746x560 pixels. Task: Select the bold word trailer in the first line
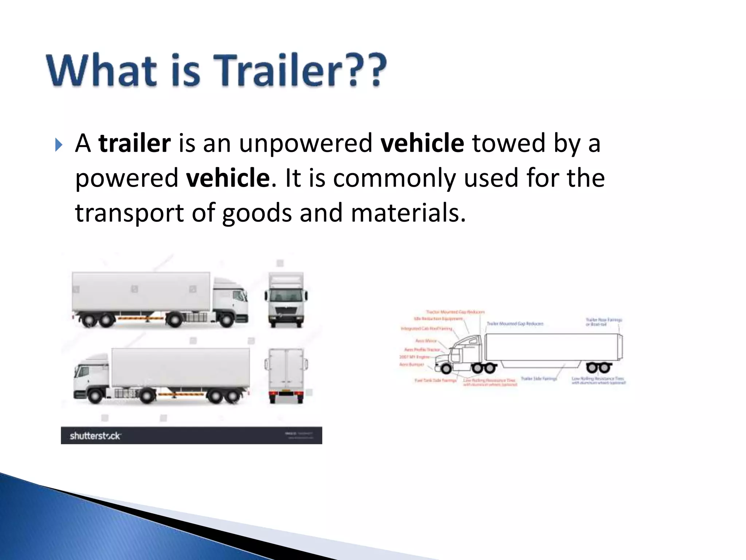click(x=134, y=143)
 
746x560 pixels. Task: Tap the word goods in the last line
click(x=257, y=213)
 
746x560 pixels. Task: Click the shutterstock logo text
click(x=95, y=436)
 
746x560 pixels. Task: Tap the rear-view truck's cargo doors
click(x=286, y=368)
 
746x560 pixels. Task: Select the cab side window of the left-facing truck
click(x=83, y=372)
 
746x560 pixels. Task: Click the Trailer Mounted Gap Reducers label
click(x=515, y=324)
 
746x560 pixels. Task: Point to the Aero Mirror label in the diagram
click(x=426, y=341)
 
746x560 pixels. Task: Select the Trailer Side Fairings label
click(x=539, y=379)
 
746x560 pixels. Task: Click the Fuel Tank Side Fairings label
click(x=435, y=381)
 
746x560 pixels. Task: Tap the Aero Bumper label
click(x=412, y=364)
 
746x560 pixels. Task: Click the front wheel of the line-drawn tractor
click(x=446, y=368)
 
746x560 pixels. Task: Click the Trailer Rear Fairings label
click(x=604, y=322)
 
